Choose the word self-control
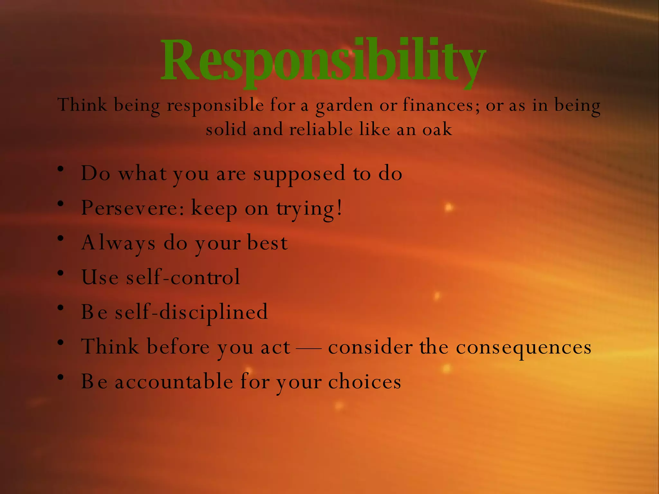click(183, 277)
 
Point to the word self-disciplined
click(191, 312)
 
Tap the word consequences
click(524, 347)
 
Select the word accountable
click(174, 382)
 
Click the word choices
click(365, 382)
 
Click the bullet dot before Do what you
click(60, 169)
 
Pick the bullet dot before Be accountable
click(60, 377)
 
